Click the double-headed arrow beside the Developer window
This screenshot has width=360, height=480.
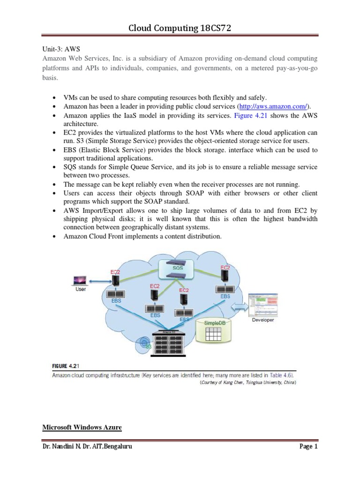coord(239,307)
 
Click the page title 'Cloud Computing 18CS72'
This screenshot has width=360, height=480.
coord(180,29)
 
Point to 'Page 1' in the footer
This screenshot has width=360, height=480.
coord(308,447)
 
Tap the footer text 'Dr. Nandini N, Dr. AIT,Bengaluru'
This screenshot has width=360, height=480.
coord(87,447)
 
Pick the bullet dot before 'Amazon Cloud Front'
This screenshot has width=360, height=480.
coord(54,236)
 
